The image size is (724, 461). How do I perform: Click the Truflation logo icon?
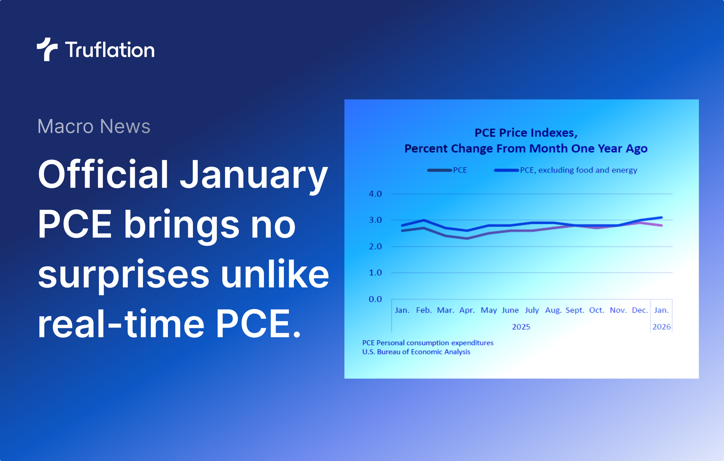tap(47, 49)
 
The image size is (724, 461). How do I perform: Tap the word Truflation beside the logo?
tap(110, 50)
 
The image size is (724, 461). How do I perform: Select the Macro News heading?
tap(94, 126)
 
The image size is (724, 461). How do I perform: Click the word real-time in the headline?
tap(121, 324)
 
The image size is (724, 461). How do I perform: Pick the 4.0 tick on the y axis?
tap(375, 194)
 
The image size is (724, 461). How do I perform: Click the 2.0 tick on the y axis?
tap(375, 247)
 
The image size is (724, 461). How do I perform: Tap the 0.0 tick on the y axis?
tap(375, 299)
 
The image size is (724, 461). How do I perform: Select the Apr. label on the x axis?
tap(467, 310)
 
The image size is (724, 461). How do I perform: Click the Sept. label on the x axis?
tap(575, 310)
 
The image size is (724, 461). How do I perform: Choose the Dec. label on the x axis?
tap(640, 310)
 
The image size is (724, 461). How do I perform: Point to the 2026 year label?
tap(661, 327)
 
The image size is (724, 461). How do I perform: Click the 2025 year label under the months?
tap(521, 327)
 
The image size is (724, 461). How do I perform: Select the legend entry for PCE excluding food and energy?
tap(578, 170)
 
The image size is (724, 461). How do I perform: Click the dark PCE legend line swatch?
tap(439, 170)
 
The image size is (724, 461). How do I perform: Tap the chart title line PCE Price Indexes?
tap(526, 133)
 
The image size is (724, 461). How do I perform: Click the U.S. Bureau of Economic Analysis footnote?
tap(416, 352)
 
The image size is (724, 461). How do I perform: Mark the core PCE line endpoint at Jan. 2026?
tap(661, 218)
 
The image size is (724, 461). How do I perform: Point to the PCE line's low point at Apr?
tap(467, 238)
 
